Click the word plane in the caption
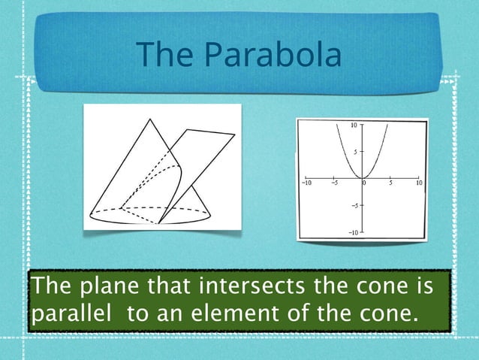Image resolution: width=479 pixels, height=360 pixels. (x=102, y=286)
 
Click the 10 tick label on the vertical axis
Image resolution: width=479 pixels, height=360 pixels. (x=354, y=124)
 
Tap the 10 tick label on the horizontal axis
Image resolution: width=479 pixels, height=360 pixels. (x=418, y=183)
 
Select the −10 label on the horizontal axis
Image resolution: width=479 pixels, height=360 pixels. (x=306, y=183)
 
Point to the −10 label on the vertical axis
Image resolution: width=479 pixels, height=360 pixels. (x=351, y=233)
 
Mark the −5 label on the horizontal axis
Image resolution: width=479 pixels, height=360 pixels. (x=334, y=183)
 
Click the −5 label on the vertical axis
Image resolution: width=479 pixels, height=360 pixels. (x=354, y=204)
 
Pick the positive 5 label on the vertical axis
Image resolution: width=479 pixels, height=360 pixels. (x=356, y=150)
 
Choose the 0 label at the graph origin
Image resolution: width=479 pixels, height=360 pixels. (x=365, y=183)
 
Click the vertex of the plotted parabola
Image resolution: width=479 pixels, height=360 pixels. (x=362, y=177)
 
